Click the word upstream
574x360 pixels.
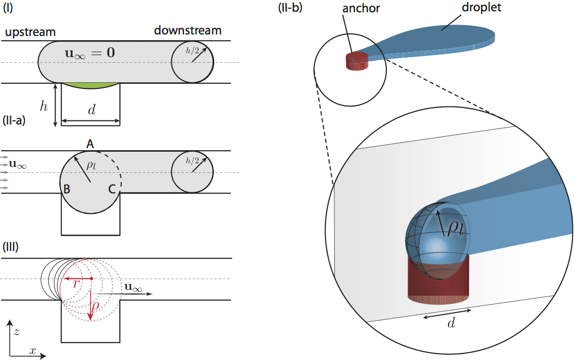30,32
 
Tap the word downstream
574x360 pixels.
188,31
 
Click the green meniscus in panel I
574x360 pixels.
91,84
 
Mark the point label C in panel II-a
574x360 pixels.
111,189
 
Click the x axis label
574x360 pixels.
33,351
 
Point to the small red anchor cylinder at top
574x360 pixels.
356,62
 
